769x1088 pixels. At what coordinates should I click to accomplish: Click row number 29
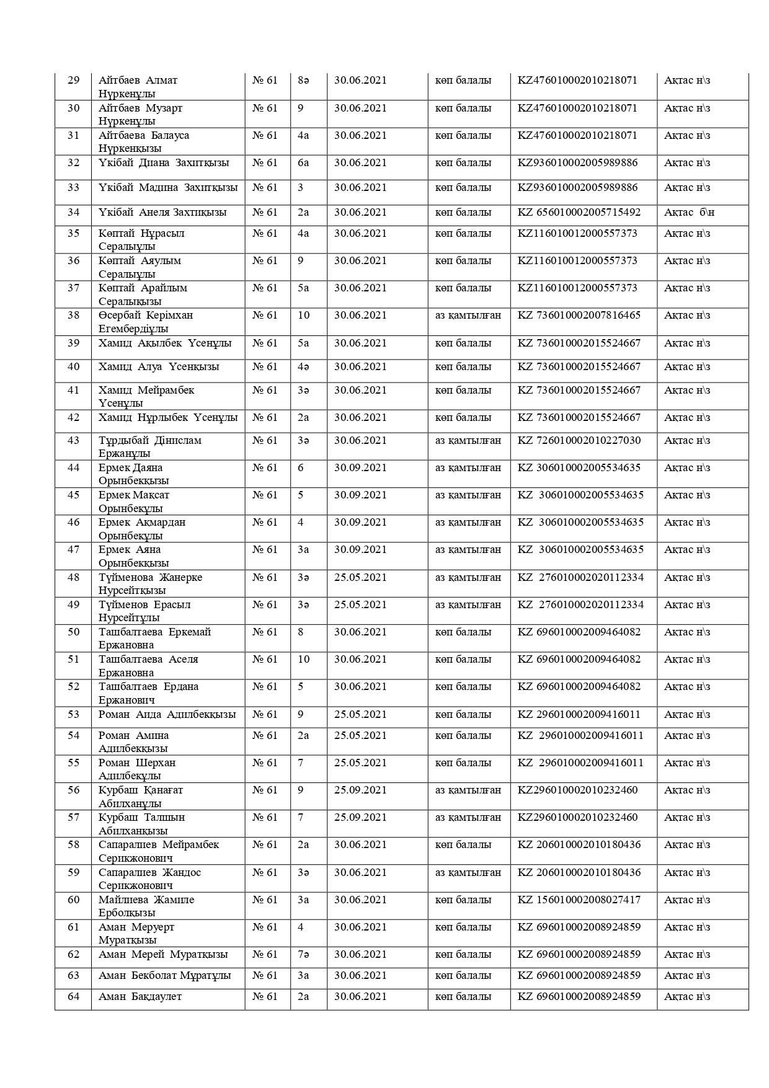tap(73, 81)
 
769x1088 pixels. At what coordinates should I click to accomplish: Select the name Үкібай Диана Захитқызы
tap(164, 163)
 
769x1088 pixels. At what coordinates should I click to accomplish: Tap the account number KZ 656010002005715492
tap(579, 213)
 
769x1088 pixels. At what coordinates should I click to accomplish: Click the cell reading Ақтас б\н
tap(689, 213)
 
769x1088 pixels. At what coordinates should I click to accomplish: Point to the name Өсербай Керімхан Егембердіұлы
tap(146, 322)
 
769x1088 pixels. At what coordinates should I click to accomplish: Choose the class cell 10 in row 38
tap(303, 316)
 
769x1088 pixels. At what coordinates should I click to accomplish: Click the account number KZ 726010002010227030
tap(579, 441)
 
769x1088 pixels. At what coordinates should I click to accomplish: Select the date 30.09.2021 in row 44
tap(360, 468)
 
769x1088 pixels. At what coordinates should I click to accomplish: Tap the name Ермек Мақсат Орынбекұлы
tap(134, 502)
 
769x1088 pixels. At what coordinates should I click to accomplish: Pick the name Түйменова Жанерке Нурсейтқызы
tap(150, 584)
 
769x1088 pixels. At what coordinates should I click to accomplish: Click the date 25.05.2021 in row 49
tap(360, 605)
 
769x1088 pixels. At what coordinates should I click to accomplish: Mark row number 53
tap(73, 715)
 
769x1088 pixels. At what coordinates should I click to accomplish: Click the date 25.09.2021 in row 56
tap(360, 790)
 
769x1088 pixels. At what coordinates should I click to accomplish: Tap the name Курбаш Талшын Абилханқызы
tap(142, 824)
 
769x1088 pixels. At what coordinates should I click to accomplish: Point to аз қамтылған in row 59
tap(468, 873)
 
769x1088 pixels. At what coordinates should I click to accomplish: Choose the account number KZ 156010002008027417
tap(579, 900)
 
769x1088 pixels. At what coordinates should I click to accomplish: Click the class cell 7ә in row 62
tap(303, 955)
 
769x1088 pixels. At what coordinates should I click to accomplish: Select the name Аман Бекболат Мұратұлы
tap(164, 976)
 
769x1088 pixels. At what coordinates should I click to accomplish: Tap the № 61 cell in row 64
tap(265, 997)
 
